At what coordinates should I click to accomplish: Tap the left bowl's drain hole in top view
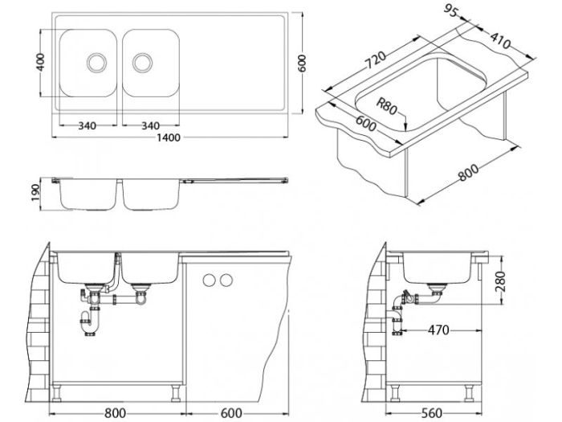tap(96, 61)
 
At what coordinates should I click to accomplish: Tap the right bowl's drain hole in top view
tap(143, 61)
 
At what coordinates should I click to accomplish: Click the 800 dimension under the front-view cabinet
tap(115, 412)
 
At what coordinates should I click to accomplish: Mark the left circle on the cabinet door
tap(211, 280)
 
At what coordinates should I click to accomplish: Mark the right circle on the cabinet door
tap(226, 280)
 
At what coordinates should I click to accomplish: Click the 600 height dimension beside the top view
tap(302, 63)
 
